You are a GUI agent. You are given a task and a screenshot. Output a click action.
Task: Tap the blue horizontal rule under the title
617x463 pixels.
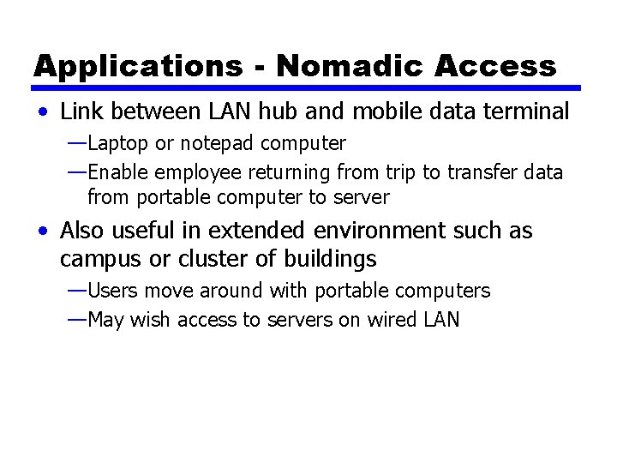coord(308,87)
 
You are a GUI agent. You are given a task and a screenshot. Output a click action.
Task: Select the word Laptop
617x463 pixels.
coord(117,142)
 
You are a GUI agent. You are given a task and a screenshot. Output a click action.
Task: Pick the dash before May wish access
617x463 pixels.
coord(75,321)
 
